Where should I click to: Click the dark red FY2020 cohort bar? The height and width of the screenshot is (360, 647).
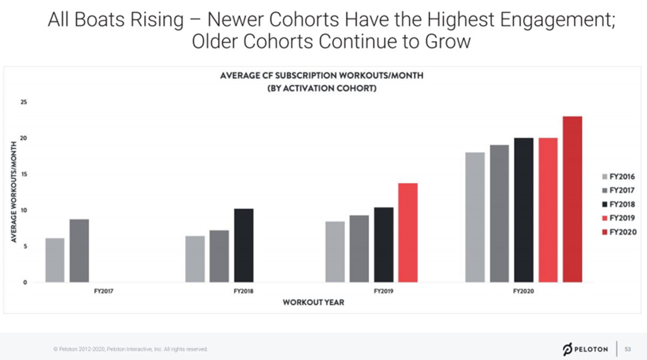click(572, 199)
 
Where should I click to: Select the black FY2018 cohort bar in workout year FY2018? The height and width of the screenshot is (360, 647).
click(244, 245)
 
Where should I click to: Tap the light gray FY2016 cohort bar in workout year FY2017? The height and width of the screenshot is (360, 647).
click(55, 260)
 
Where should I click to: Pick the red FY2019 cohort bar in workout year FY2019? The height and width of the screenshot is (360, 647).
click(408, 233)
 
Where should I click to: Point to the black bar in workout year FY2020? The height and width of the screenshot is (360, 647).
click(524, 210)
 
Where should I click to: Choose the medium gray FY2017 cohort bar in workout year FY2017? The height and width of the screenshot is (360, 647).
click(79, 251)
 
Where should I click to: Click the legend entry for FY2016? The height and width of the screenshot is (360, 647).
click(618, 177)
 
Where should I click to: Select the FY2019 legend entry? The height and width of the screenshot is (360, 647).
click(618, 218)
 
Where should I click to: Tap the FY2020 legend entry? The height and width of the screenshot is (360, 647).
click(620, 232)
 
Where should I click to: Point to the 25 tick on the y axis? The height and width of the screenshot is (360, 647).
click(24, 102)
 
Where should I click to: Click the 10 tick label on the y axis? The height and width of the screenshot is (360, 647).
click(24, 210)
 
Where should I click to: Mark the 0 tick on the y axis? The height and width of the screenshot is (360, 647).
click(25, 282)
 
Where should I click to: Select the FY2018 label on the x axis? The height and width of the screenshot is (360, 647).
click(244, 291)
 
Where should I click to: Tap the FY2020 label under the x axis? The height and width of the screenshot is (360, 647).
click(524, 291)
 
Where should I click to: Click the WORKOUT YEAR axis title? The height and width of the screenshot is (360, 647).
click(313, 302)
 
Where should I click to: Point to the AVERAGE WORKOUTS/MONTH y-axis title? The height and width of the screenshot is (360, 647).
click(13, 192)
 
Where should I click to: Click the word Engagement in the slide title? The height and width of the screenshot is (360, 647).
click(557, 19)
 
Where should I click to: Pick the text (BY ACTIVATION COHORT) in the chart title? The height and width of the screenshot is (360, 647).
click(322, 88)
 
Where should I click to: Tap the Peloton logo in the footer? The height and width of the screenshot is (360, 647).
click(585, 349)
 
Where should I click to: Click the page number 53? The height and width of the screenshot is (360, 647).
click(628, 349)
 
